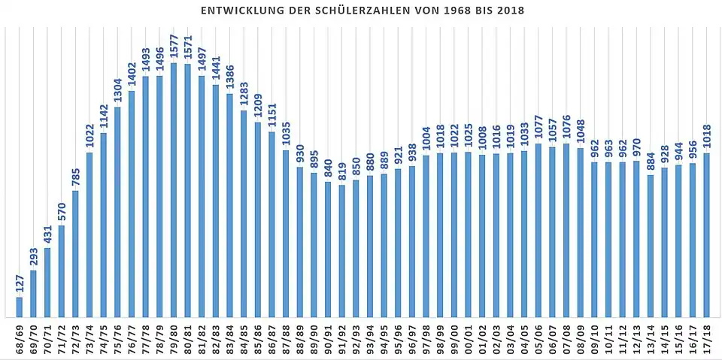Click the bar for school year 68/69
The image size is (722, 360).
point(19,307)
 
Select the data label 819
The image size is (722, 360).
point(342,172)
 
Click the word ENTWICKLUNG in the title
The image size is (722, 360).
point(237,11)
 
